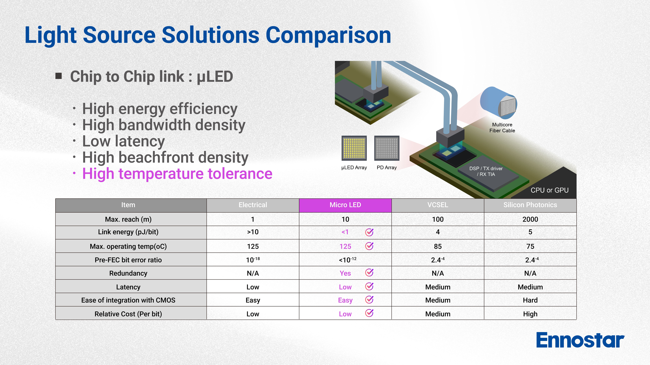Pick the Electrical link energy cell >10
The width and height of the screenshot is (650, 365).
point(253,232)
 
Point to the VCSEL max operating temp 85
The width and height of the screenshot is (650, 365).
point(438,246)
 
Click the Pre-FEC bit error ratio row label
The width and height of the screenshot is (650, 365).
point(128,260)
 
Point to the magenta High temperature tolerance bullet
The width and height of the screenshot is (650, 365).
point(177,174)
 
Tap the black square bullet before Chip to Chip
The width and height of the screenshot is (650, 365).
point(58,76)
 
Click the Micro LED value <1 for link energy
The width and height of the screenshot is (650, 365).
point(345,232)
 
